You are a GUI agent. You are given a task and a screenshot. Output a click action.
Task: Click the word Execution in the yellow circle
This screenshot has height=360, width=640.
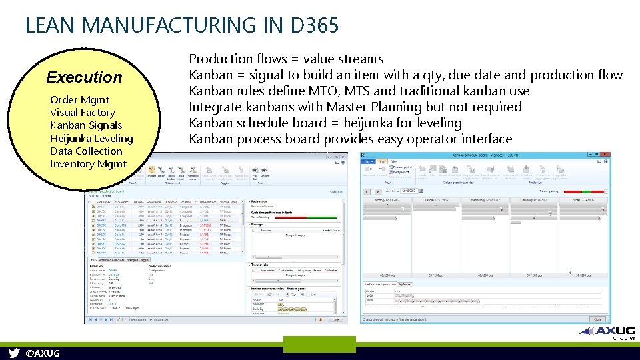(x=85, y=77)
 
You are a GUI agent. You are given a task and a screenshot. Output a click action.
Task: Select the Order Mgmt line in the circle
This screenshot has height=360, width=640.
(x=79, y=100)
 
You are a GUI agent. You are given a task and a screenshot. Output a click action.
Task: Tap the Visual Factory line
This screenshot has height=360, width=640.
(x=82, y=113)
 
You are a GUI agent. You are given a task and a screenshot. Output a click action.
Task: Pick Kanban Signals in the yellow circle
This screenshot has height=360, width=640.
(x=86, y=125)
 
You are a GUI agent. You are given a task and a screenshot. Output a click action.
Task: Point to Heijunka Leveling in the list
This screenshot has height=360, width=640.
(x=91, y=139)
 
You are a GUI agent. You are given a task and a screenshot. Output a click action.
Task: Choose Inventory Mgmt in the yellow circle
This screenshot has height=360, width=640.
(x=88, y=164)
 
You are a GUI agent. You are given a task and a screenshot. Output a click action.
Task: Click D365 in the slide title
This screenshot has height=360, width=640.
(x=315, y=25)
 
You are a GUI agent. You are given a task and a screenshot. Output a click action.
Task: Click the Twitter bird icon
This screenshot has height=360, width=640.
(x=14, y=353)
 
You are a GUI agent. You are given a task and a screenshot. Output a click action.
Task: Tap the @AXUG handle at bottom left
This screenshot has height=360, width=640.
(x=42, y=353)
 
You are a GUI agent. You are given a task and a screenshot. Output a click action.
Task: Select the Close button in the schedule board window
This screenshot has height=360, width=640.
(x=597, y=319)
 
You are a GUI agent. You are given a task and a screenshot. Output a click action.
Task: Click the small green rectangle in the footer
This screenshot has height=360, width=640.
(x=310, y=344)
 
